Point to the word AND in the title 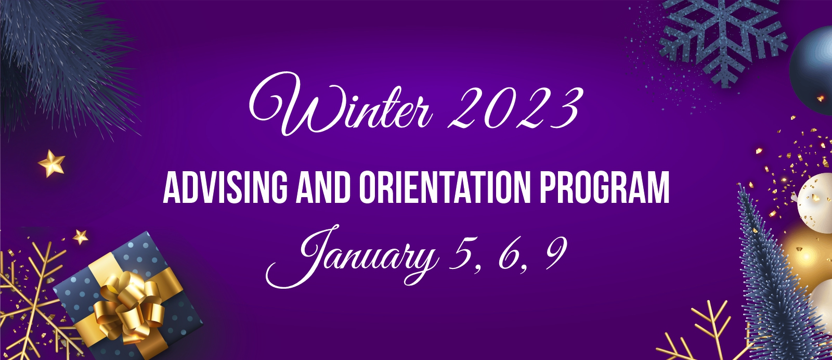click(x=323, y=187)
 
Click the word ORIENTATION click(x=445, y=187)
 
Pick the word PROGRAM click(x=604, y=187)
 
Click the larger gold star click(x=52, y=163)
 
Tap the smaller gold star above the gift click(x=80, y=237)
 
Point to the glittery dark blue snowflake click(x=722, y=37)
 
